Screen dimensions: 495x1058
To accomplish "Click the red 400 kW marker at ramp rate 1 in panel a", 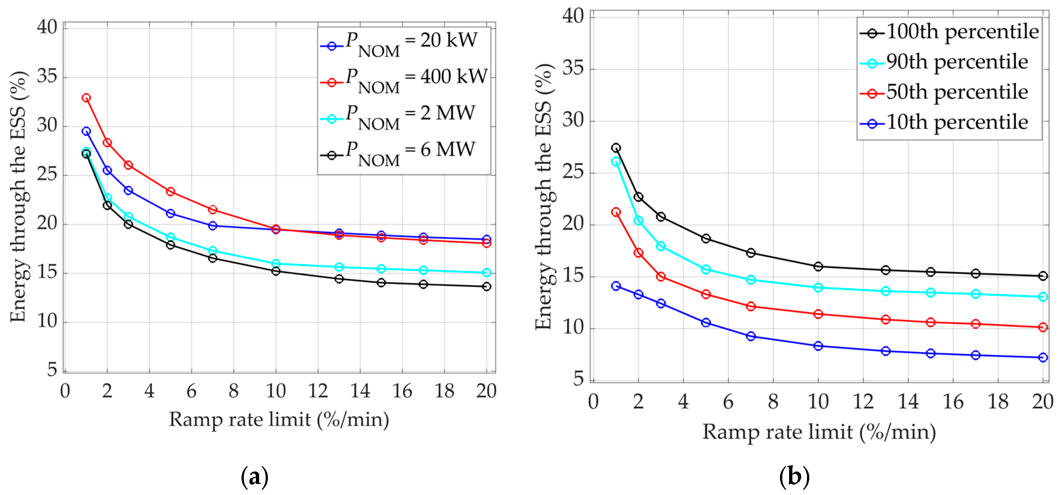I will point(86,98).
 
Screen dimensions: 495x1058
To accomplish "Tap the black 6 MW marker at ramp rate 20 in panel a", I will point(486,287).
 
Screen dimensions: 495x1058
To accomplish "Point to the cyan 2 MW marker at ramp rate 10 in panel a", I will point(276,263).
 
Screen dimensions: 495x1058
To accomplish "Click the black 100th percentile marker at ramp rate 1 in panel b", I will point(616,148).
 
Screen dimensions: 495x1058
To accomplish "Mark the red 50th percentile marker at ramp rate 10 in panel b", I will point(818,314).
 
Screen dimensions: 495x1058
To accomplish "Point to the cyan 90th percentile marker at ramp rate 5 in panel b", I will point(706,269).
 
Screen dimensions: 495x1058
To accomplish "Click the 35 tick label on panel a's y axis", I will point(47,77).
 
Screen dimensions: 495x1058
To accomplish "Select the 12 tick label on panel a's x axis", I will point(318,391).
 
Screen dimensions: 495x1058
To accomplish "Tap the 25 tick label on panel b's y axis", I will point(573,172).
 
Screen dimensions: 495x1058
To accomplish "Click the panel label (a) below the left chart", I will point(255,477).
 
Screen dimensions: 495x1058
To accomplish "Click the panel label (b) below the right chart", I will point(794,477).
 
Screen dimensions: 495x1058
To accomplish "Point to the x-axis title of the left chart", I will point(279,420).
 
